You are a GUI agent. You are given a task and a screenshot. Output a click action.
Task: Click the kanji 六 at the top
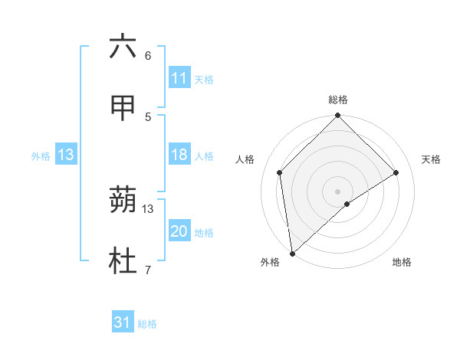tap(123, 47)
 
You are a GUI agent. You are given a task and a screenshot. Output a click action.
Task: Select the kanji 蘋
tap(123, 201)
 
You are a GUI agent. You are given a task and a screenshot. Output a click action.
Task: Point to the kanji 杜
tap(123, 263)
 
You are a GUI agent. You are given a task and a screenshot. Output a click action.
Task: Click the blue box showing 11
tap(179, 78)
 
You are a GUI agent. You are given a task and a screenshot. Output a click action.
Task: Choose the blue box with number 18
tap(179, 155)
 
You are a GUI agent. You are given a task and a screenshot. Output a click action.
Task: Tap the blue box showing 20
tap(179, 232)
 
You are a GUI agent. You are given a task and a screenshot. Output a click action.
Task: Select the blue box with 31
tap(123, 322)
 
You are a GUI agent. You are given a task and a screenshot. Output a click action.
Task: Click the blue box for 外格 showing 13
tap(65, 155)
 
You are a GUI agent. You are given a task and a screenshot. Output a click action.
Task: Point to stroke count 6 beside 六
tap(148, 56)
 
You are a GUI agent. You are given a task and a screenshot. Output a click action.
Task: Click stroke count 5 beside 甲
tap(148, 116)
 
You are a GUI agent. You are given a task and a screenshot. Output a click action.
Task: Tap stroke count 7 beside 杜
tap(148, 270)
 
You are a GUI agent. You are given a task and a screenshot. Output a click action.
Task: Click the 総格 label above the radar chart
tap(338, 100)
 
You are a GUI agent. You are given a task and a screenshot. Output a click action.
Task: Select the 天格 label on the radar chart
tap(432, 159)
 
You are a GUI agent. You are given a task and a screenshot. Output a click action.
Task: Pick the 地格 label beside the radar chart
tap(402, 262)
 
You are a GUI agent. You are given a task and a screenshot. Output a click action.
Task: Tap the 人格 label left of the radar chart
tap(245, 159)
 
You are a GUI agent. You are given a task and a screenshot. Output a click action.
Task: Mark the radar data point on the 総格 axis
tap(337, 116)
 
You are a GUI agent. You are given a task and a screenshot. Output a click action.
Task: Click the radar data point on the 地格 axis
tap(347, 204)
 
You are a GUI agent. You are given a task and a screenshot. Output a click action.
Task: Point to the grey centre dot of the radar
tap(337, 191)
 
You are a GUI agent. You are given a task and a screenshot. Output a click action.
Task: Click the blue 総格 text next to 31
tap(147, 324)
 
